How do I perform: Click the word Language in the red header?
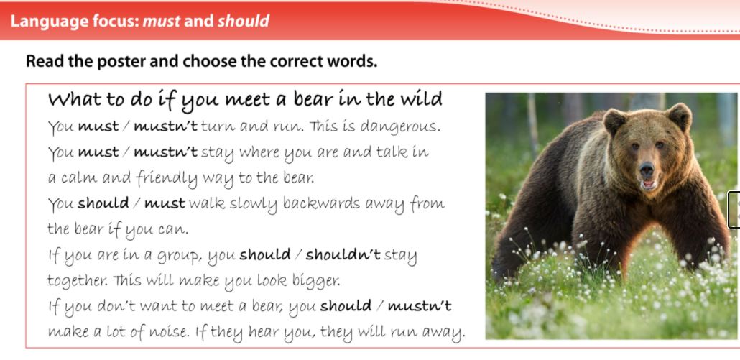[x=49, y=22]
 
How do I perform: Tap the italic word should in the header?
[x=243, y=22]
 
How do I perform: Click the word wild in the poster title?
[x=420, y=99]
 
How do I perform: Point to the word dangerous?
[x=400, y=127]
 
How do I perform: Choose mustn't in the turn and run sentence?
[x=166, y=126]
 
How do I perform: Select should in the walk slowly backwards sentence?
[x=103, y=203]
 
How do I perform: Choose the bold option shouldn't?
[x=343, y=255]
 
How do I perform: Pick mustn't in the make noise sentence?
[x=420, y=307]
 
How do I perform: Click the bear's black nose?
[x=647, y=168]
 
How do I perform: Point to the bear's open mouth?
[x=649, y=184]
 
